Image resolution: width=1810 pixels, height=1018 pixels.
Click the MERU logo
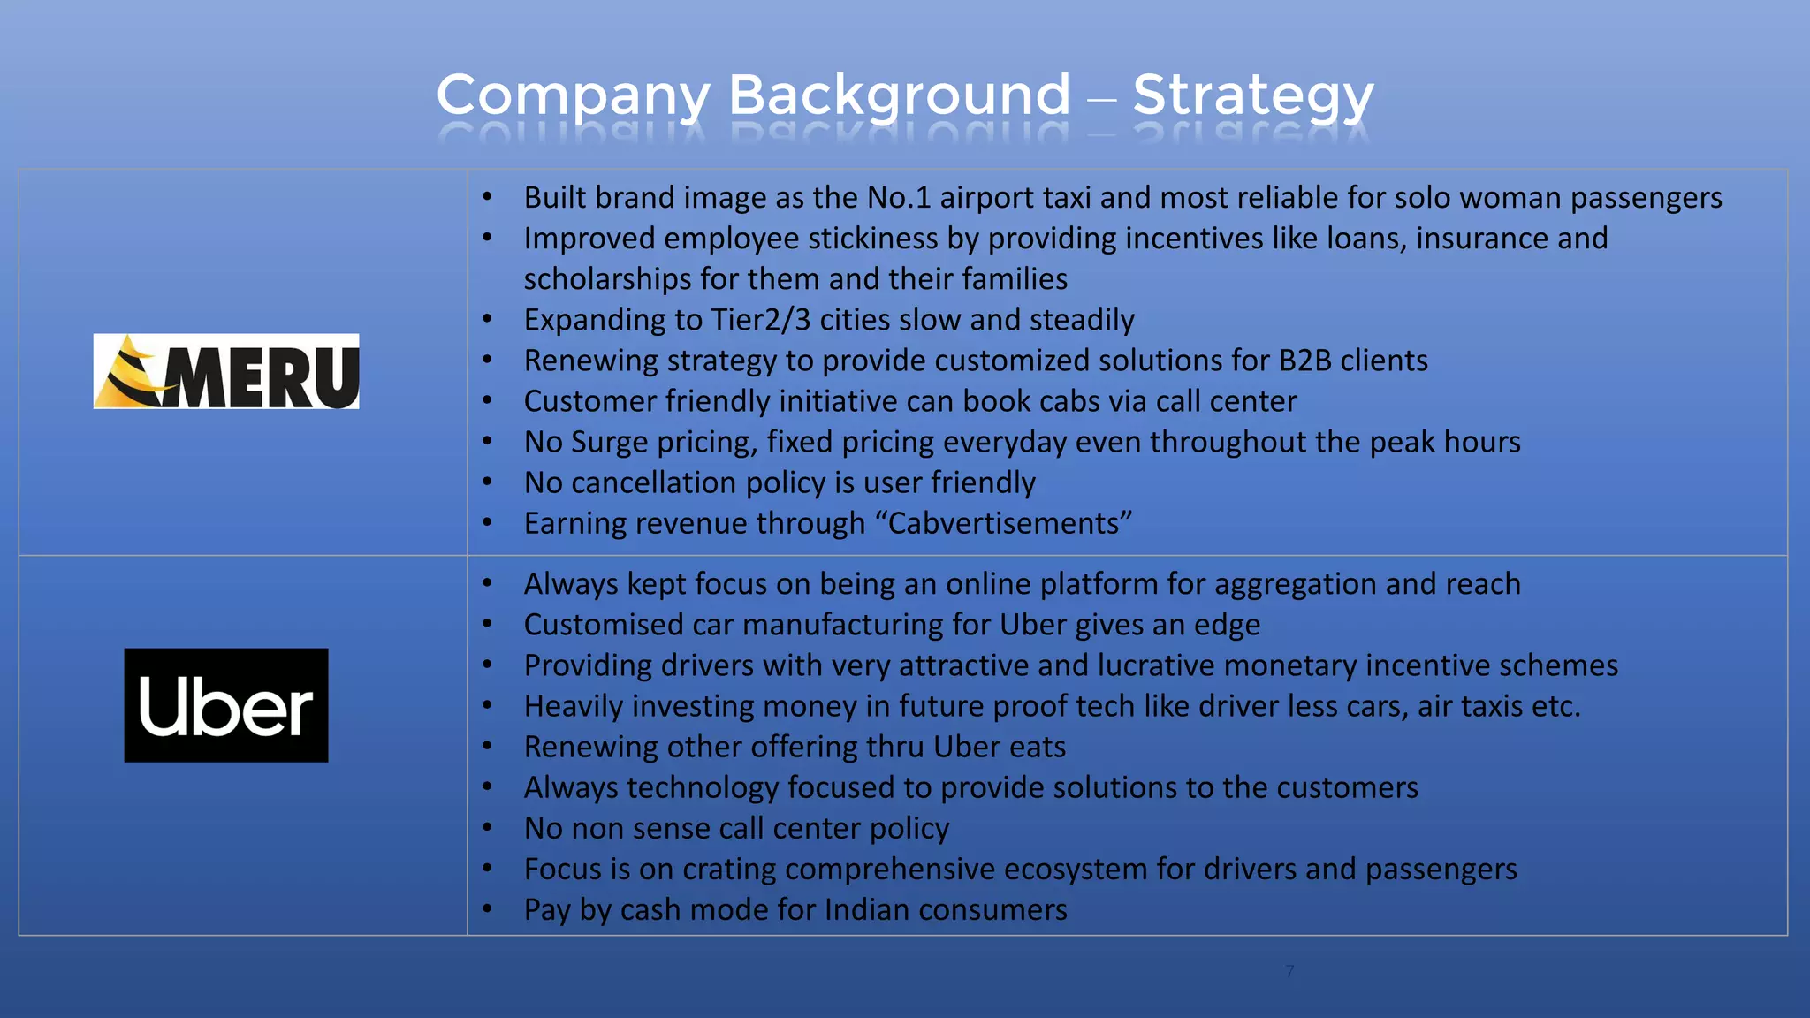point(226,371)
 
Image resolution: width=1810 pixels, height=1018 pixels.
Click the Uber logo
point(226,705)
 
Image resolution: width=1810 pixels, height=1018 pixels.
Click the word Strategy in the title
point(1252,95)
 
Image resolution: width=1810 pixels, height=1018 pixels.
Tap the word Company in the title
point(573,95)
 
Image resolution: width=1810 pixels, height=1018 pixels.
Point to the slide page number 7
point(1289,971)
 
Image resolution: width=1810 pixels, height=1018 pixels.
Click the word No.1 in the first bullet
point(899,198)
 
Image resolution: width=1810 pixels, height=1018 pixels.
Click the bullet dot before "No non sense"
point(487,828)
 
